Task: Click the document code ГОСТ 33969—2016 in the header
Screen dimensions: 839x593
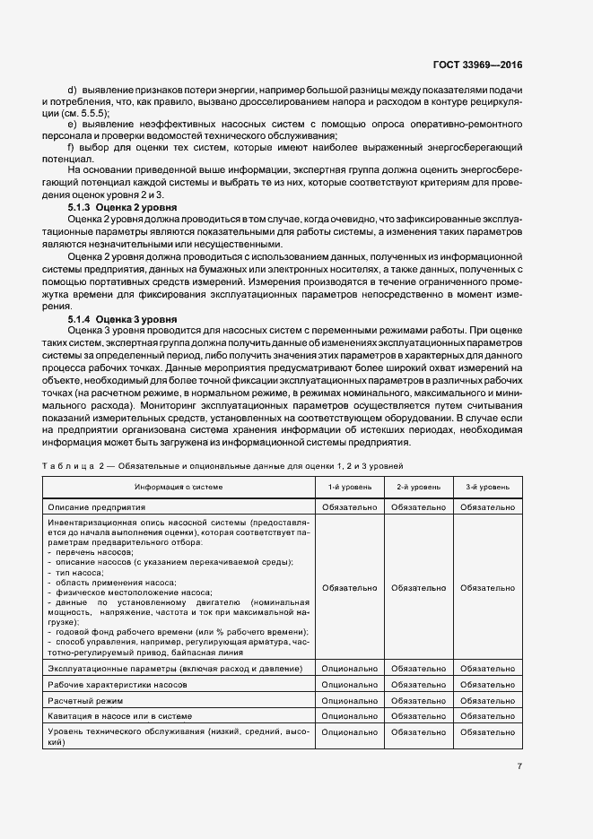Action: click(478, 65)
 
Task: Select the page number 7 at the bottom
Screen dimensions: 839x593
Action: click(519, 765)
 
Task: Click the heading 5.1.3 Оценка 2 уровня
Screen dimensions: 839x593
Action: click(122, 207)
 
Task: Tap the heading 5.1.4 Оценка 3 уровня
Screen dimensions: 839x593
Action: click(122, 319)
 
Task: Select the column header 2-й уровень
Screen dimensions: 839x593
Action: click(418, 487)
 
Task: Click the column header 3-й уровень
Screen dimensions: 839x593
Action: click(487, 487)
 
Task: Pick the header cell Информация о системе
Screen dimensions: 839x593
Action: click(179, 487)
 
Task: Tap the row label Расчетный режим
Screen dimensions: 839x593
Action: click(85, 700)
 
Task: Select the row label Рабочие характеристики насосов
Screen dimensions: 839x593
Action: click(118, 685)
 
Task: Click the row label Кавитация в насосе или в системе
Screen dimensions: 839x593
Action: click(123, 715)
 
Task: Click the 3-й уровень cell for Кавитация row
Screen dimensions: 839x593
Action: click(487, 715)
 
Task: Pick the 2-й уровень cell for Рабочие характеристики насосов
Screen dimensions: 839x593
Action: click(418, 685)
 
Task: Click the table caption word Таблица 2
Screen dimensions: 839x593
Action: click(73, 466)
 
